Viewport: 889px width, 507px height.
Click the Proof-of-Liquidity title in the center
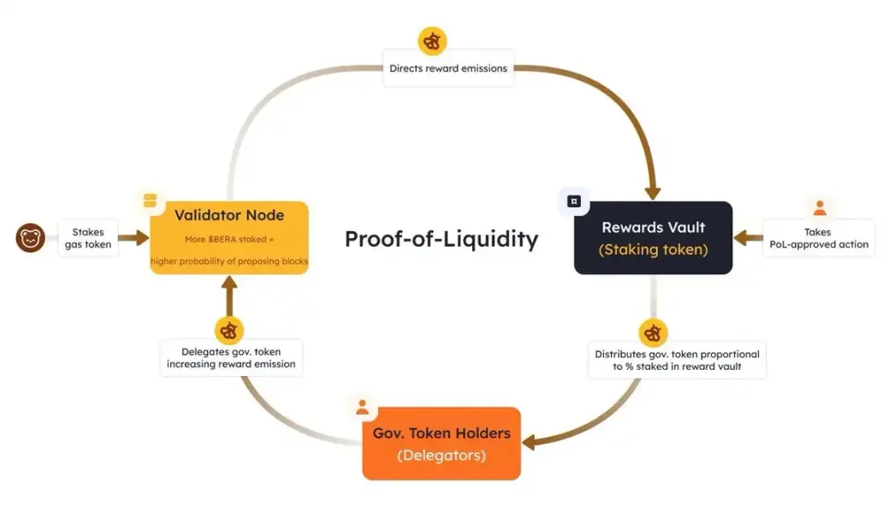point(442,239)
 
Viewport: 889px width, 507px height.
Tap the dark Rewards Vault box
point(653,237)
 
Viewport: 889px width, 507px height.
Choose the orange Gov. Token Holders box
point(442,444)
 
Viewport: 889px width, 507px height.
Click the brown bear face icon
point(30,237)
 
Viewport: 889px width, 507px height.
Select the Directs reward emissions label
point(448,68)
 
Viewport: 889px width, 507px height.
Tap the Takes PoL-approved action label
point(819,238)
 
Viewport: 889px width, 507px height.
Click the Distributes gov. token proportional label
point(677,360)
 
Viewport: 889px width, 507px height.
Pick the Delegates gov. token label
point(231,358)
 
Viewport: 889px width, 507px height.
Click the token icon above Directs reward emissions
point(433,40)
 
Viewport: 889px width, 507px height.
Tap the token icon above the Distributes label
point(653,332)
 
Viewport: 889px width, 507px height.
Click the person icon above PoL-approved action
point(820,207)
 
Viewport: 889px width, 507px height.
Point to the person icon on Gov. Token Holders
point(363,407)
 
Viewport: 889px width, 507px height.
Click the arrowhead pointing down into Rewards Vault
point(653,189)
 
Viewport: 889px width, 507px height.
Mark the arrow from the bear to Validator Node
point(133,238)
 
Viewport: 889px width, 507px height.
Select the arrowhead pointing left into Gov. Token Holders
point(530,442)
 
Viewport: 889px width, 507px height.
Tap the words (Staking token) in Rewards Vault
point(653,250)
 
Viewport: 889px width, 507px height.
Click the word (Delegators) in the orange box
point(442,456)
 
